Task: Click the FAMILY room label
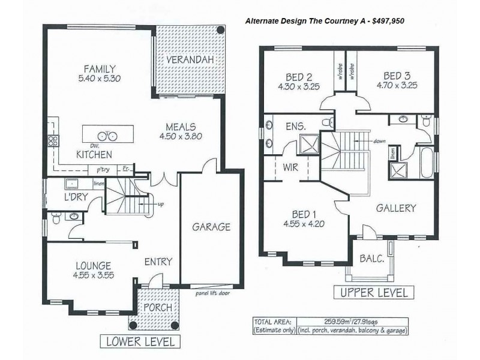pos(100,68)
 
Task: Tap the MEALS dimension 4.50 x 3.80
pos(181,136)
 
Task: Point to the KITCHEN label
pos(94,155)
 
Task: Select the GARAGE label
pos(211,227)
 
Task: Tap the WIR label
pos(290,167)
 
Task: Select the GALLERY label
pos(395,208)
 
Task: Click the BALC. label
pos(372,259)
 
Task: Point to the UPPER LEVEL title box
pos(373,293)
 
